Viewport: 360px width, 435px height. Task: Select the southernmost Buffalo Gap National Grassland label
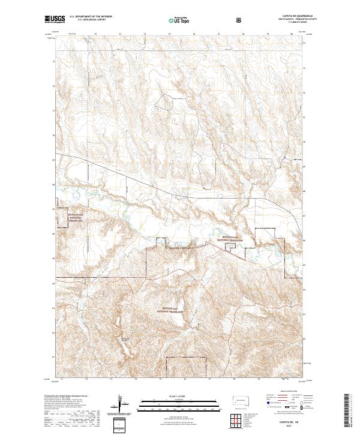(x=172, y=311)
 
